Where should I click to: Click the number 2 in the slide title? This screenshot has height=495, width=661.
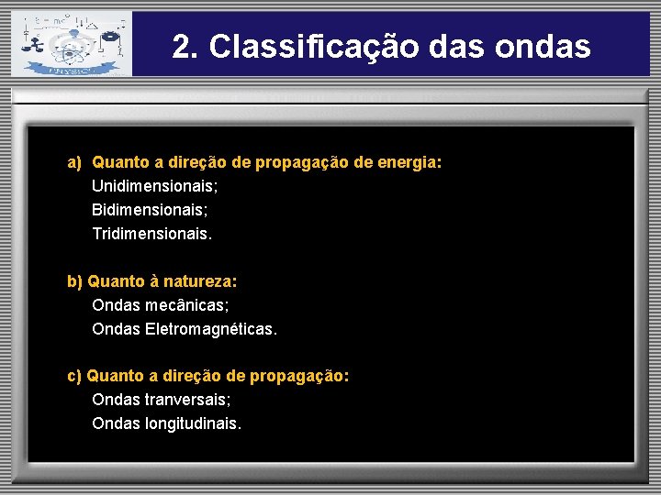[x=183, y=47]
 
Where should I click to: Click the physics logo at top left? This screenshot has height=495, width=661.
[x=70, y=43]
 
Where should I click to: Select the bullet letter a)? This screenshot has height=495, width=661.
[x=74, y=162]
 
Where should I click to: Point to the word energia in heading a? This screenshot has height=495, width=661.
[x=410, y=162]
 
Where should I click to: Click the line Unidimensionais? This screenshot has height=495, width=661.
[x=155, y=186]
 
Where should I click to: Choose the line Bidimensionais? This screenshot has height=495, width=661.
[x=147, y=210]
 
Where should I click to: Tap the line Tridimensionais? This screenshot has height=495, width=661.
[x=151, y=234]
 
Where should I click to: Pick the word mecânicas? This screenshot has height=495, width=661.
[x=187, y=305]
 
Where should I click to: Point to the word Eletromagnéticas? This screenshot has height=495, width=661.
[x=210, y=329]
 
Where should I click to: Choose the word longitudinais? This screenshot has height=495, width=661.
[x=193, y=423]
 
